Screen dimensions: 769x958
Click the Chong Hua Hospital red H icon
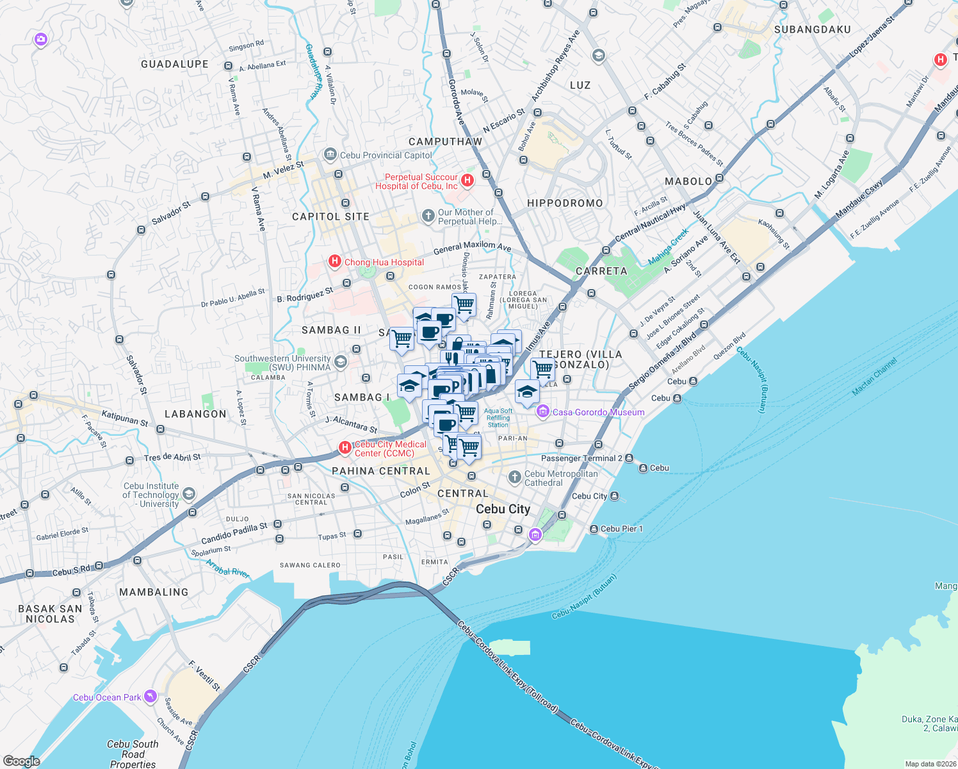[x=334, y=261]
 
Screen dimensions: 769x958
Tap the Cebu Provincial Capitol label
[x=386, y=155]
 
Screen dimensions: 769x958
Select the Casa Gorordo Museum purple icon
[x=543, y=411]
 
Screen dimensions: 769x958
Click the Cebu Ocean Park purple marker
[x=150, y=697]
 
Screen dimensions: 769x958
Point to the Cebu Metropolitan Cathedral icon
[x=514, y=477]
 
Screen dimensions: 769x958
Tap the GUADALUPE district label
[x=175, y=64]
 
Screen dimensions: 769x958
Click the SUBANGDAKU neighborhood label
[x=812, y=29]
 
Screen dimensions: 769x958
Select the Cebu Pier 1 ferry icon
[x=593, y=529]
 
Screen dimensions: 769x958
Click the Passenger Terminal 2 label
[x=581, y=458]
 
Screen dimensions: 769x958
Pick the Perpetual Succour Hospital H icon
[x=467, y=180]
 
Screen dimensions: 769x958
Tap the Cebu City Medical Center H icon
[x=345, y=447]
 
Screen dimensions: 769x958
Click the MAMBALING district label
[x=154, y=592]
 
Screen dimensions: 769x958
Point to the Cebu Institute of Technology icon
[x=188, y=493]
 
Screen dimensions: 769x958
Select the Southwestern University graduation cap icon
[x=340, y=362]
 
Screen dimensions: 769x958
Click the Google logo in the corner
[x=21, y=761]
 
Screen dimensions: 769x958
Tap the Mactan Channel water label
[x=875, y=376]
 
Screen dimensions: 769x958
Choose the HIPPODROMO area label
[x=565, y=203]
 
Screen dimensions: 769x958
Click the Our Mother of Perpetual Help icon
[x=428, y=216]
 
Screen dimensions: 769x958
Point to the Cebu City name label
[x=503, y=509]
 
